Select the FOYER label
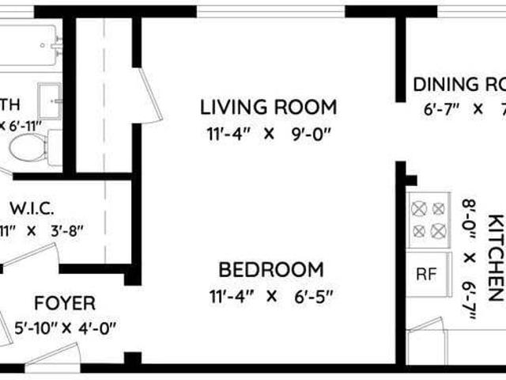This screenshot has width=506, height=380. click(66, 303)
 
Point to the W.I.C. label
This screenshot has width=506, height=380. click(32, 209)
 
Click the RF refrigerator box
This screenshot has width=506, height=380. click(427, 275)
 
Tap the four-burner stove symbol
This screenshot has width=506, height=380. click(428, 219)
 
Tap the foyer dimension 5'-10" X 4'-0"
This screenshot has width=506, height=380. click(66, 327)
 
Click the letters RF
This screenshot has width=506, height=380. click(427, 275)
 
